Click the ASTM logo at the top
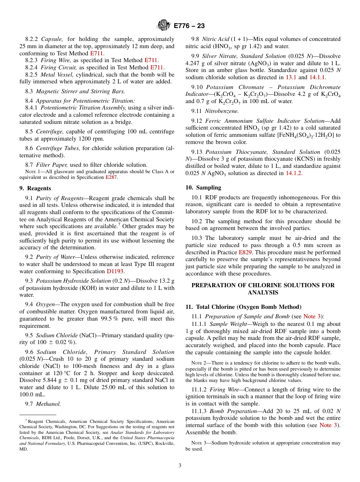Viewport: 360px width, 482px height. click(x=164, y=26)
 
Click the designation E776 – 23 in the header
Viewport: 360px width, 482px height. click(x=189, y=26)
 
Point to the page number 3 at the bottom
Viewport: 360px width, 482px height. click(x=180, y=466)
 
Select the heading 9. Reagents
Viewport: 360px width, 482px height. click(x=35, y=188)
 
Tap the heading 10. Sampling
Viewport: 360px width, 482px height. click(x=203, y=188)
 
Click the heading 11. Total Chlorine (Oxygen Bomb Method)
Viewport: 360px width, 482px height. click(x=243, y=307)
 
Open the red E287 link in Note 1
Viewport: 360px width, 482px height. click(x=111, y=177)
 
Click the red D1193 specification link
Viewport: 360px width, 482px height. click(x=116, y=271)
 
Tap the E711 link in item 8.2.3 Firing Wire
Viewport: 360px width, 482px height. click(x=151, y=60)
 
